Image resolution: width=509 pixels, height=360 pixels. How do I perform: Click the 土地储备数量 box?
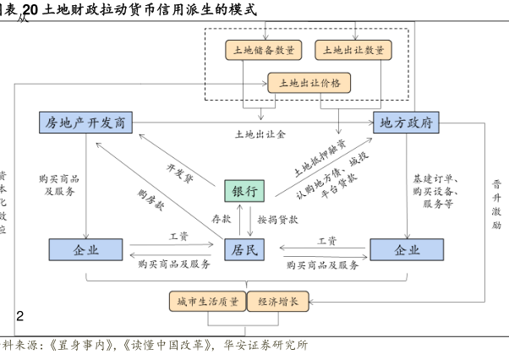coord(263,50)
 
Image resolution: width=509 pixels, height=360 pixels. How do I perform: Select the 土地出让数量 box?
coord(353,50)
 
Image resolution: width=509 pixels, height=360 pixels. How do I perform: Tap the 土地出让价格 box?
coord(309,82)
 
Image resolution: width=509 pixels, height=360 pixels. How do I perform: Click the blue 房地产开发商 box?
coord(87,123)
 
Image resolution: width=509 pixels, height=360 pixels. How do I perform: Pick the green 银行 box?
coord(244,191)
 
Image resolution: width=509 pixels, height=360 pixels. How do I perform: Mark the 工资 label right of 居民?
coord(327,240)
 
